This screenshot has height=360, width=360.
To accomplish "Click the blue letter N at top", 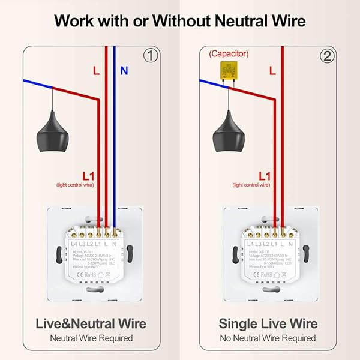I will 124,71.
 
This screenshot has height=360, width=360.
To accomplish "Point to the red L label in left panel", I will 96,71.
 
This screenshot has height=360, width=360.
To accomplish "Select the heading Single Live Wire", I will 268,323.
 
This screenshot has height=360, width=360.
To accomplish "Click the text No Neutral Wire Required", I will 268,338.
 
